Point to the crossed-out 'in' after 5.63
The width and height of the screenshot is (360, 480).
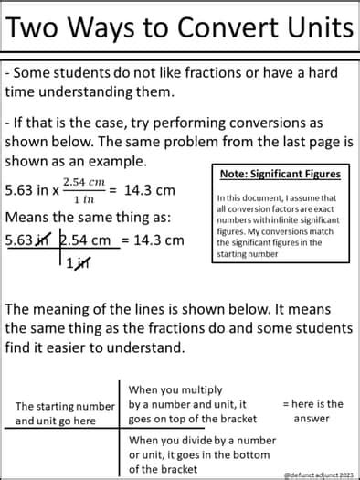pyautogui.click(x=42, y=241)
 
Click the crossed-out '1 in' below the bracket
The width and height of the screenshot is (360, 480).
pyautogui.click(x=79, y=263)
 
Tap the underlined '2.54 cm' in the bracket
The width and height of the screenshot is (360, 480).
pyautogui.click(x=90, y=240)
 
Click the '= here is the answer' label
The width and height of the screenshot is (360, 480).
pyautogui.click(x=312, y=411)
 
